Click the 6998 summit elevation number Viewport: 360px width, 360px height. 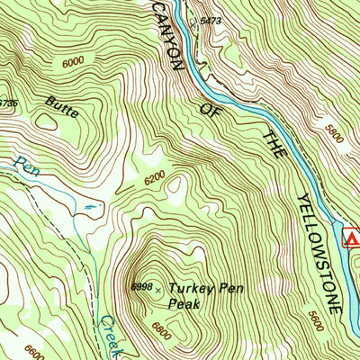coord(141,286)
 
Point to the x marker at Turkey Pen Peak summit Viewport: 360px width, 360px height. coord(159,290)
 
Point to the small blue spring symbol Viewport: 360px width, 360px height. coord(86,206)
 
